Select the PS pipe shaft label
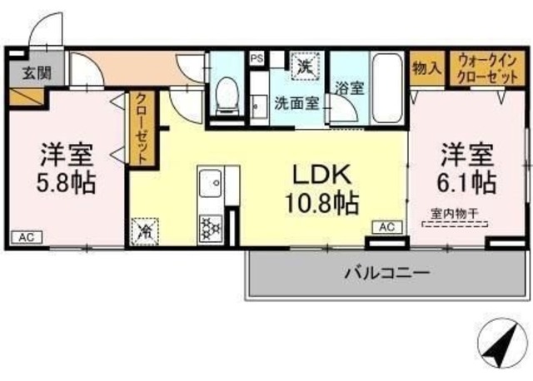(x=257, y=58)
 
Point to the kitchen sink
(x=210, y=181)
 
